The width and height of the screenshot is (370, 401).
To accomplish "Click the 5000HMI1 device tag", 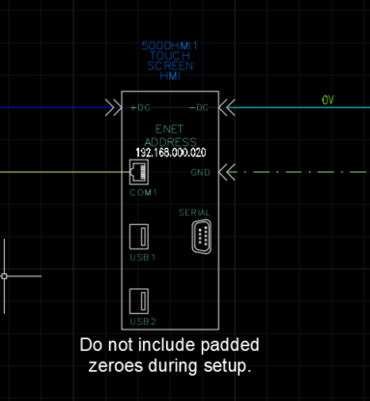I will point(171,46).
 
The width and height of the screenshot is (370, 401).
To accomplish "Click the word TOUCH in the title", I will point(171,56).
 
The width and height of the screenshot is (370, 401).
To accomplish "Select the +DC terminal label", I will point(141,107).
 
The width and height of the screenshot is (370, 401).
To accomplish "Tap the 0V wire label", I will point(327,100).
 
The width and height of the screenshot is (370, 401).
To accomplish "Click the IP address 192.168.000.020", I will point(171,153).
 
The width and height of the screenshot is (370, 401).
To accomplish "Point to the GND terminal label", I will point(200,173).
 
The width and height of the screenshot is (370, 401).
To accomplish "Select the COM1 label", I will point(143,193).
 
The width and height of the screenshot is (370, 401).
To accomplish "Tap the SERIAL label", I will point(194,213).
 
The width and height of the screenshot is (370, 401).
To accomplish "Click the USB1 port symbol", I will point(140,237).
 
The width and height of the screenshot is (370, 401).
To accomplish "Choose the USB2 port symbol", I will point(140,301).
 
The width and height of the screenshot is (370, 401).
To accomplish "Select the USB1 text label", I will point(143,258).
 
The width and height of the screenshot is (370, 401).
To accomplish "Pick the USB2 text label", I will point(143,321).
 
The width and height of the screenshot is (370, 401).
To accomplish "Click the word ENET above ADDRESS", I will point(171,129).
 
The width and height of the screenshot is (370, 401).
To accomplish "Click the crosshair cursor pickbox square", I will point(5,276).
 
